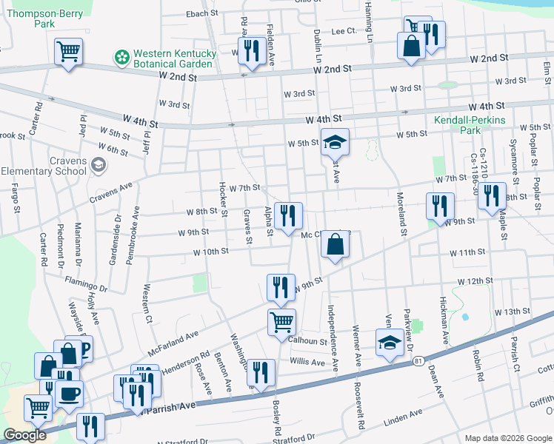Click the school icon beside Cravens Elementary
pyautogui.click(x=99, y=164)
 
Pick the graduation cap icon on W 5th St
pyautogui.click(x=334, y=141)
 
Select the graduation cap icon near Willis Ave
pyautogui.click(x=389, y=343)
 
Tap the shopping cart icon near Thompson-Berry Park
pyautogui.click(x=68, y=51)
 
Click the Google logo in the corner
pyautogui.click(x=26, y=435)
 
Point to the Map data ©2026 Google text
pyautogui.click(x=507, y=437)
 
